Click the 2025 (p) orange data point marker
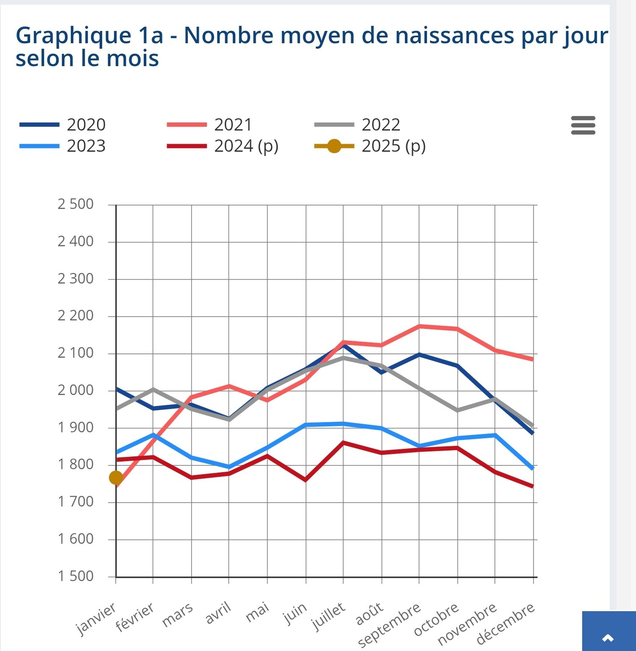(x=116, y=478)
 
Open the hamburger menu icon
(x=583, y=125)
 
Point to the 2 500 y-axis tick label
(x=75, y=204)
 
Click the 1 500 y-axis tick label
(x=75, y=576)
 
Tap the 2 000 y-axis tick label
(x=75, y=390)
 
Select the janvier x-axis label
(x=96, y=619)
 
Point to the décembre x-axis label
(x=505, y=623)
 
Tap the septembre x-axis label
(x=389, y=625)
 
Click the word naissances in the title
(x=451, y=36)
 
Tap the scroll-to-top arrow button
(x=608, y=637)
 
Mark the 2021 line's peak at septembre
(x=419, y=326)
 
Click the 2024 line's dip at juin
(x=306, y=480)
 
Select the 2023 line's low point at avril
(x=229, y=467)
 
